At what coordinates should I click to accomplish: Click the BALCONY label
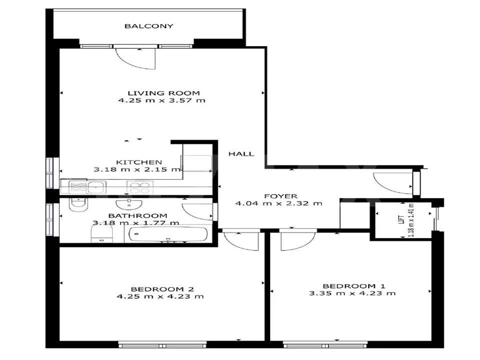coord(149,26)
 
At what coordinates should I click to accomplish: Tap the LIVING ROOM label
coord(164,93)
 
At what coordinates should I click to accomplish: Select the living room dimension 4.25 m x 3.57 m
coord(162,100)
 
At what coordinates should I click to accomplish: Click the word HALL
coord(241,154)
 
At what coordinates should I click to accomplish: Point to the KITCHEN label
coord(139,162)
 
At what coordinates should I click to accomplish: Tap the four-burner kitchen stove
coord(140,187)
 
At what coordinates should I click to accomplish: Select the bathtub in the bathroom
coord(168,235)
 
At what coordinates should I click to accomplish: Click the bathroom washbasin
coord(129,203)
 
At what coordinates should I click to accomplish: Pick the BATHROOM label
coord(138,216)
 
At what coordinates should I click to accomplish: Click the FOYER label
coord(281,196)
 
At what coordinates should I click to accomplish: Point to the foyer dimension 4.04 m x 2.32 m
coord(279,203)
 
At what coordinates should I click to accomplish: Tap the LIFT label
coord(402,220)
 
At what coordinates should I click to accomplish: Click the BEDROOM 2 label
coord(162,289)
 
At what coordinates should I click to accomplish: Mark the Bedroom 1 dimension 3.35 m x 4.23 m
coord(352,293)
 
